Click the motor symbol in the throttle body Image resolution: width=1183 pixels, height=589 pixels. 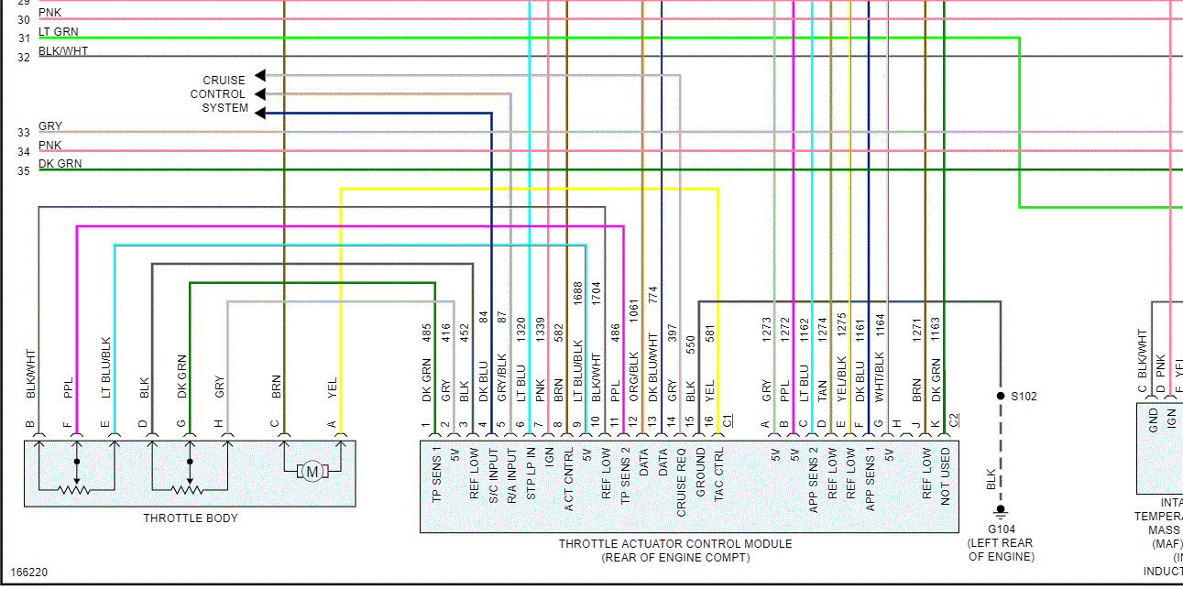312,472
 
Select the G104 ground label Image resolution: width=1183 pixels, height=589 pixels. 1001,529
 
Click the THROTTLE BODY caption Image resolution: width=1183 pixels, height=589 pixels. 191,518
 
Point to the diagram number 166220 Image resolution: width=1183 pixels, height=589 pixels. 28,573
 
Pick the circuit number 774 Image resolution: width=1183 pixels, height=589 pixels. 653,295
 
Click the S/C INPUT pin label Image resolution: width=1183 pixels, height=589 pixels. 492,474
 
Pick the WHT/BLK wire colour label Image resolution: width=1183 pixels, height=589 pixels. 879,376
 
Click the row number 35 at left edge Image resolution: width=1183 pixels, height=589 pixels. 23,171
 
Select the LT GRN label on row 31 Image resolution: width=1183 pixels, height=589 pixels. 59,32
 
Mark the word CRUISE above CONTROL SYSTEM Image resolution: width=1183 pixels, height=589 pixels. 224,81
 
